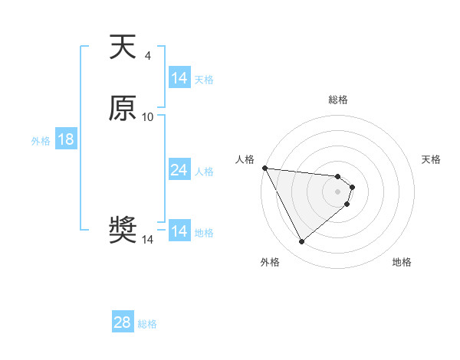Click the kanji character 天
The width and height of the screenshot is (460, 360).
pyautogui.click(x=123, y=47)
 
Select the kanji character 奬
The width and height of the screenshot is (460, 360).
pyautogui.click(x=123, y=231)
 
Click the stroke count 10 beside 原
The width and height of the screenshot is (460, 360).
pyautogui.click(x=148, y=116)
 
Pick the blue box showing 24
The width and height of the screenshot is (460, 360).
pyautogui.click(x=179, y=170)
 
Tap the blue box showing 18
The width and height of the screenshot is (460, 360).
pyautogui.click(x=66, y=139)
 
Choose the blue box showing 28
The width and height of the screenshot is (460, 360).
pyautogui.click(x=123, y=322)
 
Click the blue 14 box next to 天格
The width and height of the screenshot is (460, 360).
pyautogui.click(x=179, y=78)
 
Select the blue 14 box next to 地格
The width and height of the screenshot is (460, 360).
pyautogui.click(x=179, y=231)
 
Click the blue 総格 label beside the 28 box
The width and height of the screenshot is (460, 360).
pyautogui.click(x=147, y=324)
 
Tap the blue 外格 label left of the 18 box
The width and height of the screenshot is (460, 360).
pyautogui.click(x=41, y=141)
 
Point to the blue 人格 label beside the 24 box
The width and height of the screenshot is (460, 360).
pyautogui.click(x=204, y=172)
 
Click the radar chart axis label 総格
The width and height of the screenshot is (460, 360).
pyautogui.click(x=338, y=100)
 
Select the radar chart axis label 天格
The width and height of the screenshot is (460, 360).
pyautogui.click(x=431, y=159)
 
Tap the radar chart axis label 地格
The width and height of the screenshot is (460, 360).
pyautogui.click(x=402, y=262)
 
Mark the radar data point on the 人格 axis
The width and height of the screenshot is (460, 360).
pyautogui.click(x=264, y=168)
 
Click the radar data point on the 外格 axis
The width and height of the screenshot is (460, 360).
pyautogui.click(x=301, y=242)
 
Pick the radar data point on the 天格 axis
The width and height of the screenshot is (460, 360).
pyautogui.click(x=353, y=186)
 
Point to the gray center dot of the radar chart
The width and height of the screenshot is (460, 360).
pyautogui.click(x=338, y=191)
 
